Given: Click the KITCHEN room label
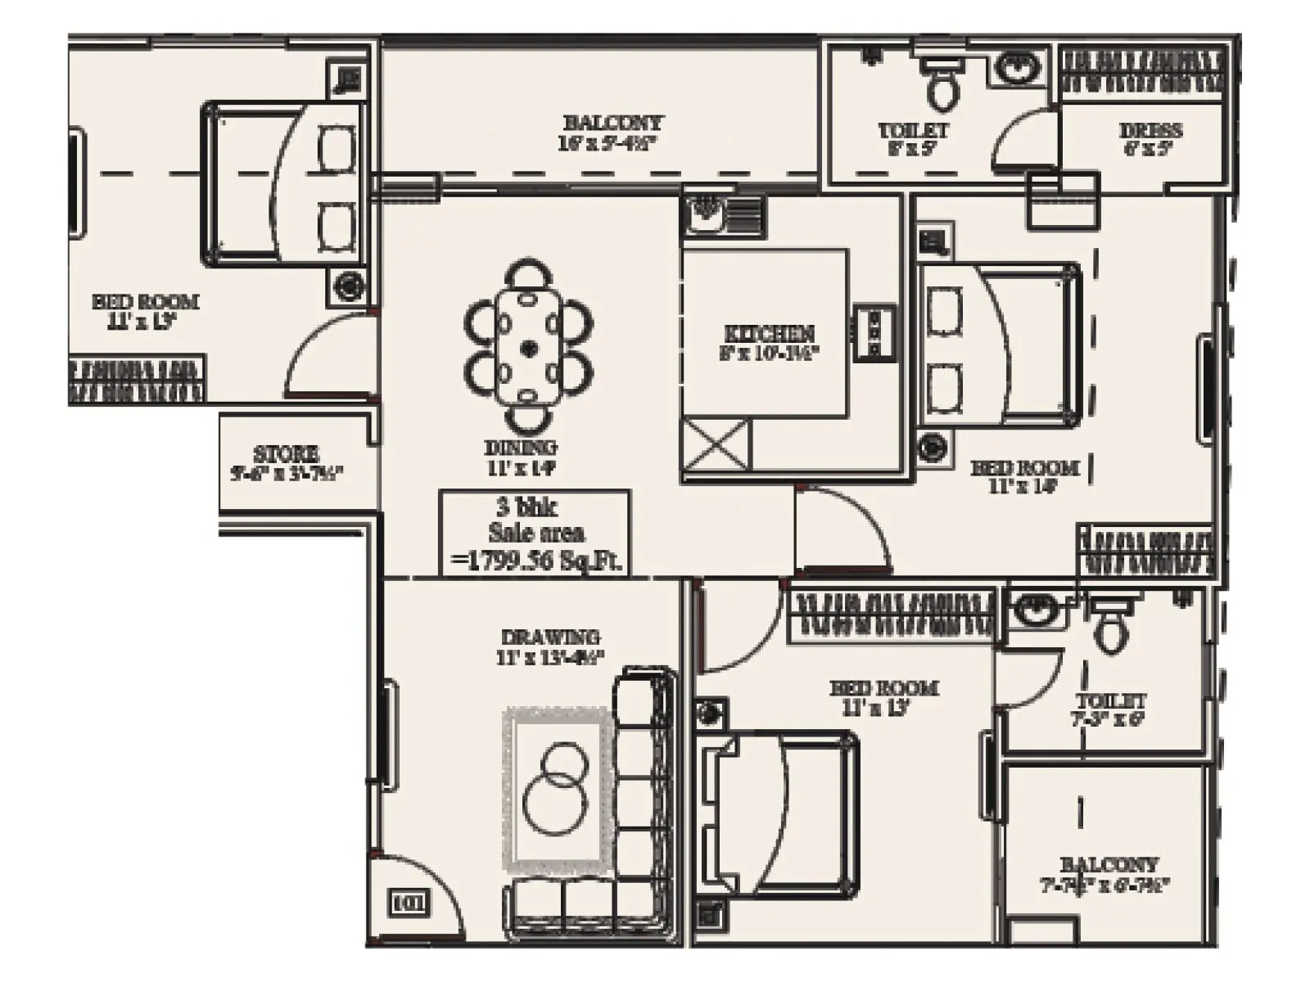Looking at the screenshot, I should click(769, 334).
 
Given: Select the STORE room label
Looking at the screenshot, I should click(286, 453).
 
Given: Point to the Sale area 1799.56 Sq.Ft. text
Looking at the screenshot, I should click(536, 534).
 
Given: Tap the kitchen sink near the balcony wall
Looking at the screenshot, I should click(704, 214).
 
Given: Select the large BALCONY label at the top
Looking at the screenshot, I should click(612, 123).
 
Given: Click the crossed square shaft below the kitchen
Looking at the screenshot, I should click(716, 445).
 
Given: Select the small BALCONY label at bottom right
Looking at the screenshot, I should click(1109, 864).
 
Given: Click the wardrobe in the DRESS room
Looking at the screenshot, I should click(1143, 70).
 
